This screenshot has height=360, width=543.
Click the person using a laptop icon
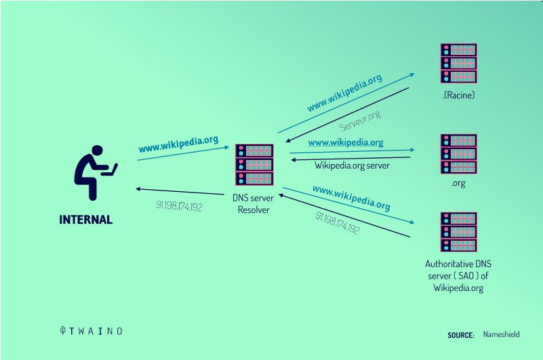tap(94, 173)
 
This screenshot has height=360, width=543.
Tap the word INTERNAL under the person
tap(86, 220)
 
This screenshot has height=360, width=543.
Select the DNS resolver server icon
tap(254, 165)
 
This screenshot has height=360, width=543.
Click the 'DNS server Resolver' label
tap(253, 204)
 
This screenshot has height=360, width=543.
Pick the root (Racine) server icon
tap(458, 64)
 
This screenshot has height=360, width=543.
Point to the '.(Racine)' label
tap(458, 96)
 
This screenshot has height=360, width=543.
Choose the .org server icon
tap(458, 154)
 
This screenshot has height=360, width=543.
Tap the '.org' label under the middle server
tap(458, 183)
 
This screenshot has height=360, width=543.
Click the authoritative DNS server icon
tap(458, 232)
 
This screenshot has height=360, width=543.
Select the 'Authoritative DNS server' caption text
tap(458, 276)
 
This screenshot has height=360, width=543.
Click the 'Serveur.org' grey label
tap(360, 121)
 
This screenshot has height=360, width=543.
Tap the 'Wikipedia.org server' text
tap(353, 165)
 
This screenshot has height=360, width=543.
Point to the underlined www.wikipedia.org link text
tap(346, 142)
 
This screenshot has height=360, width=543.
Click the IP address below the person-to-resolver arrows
tap(179, 206)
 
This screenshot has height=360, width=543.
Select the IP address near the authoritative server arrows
tap(338, 222)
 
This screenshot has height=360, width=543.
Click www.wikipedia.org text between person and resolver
tap(178, 144)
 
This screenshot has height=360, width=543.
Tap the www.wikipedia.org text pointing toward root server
tap(344, 92)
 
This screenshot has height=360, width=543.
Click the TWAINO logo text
tap(91, 331)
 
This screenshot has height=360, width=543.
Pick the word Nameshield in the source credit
tap(502, 334)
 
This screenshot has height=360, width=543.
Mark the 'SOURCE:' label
tap(460, 335)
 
